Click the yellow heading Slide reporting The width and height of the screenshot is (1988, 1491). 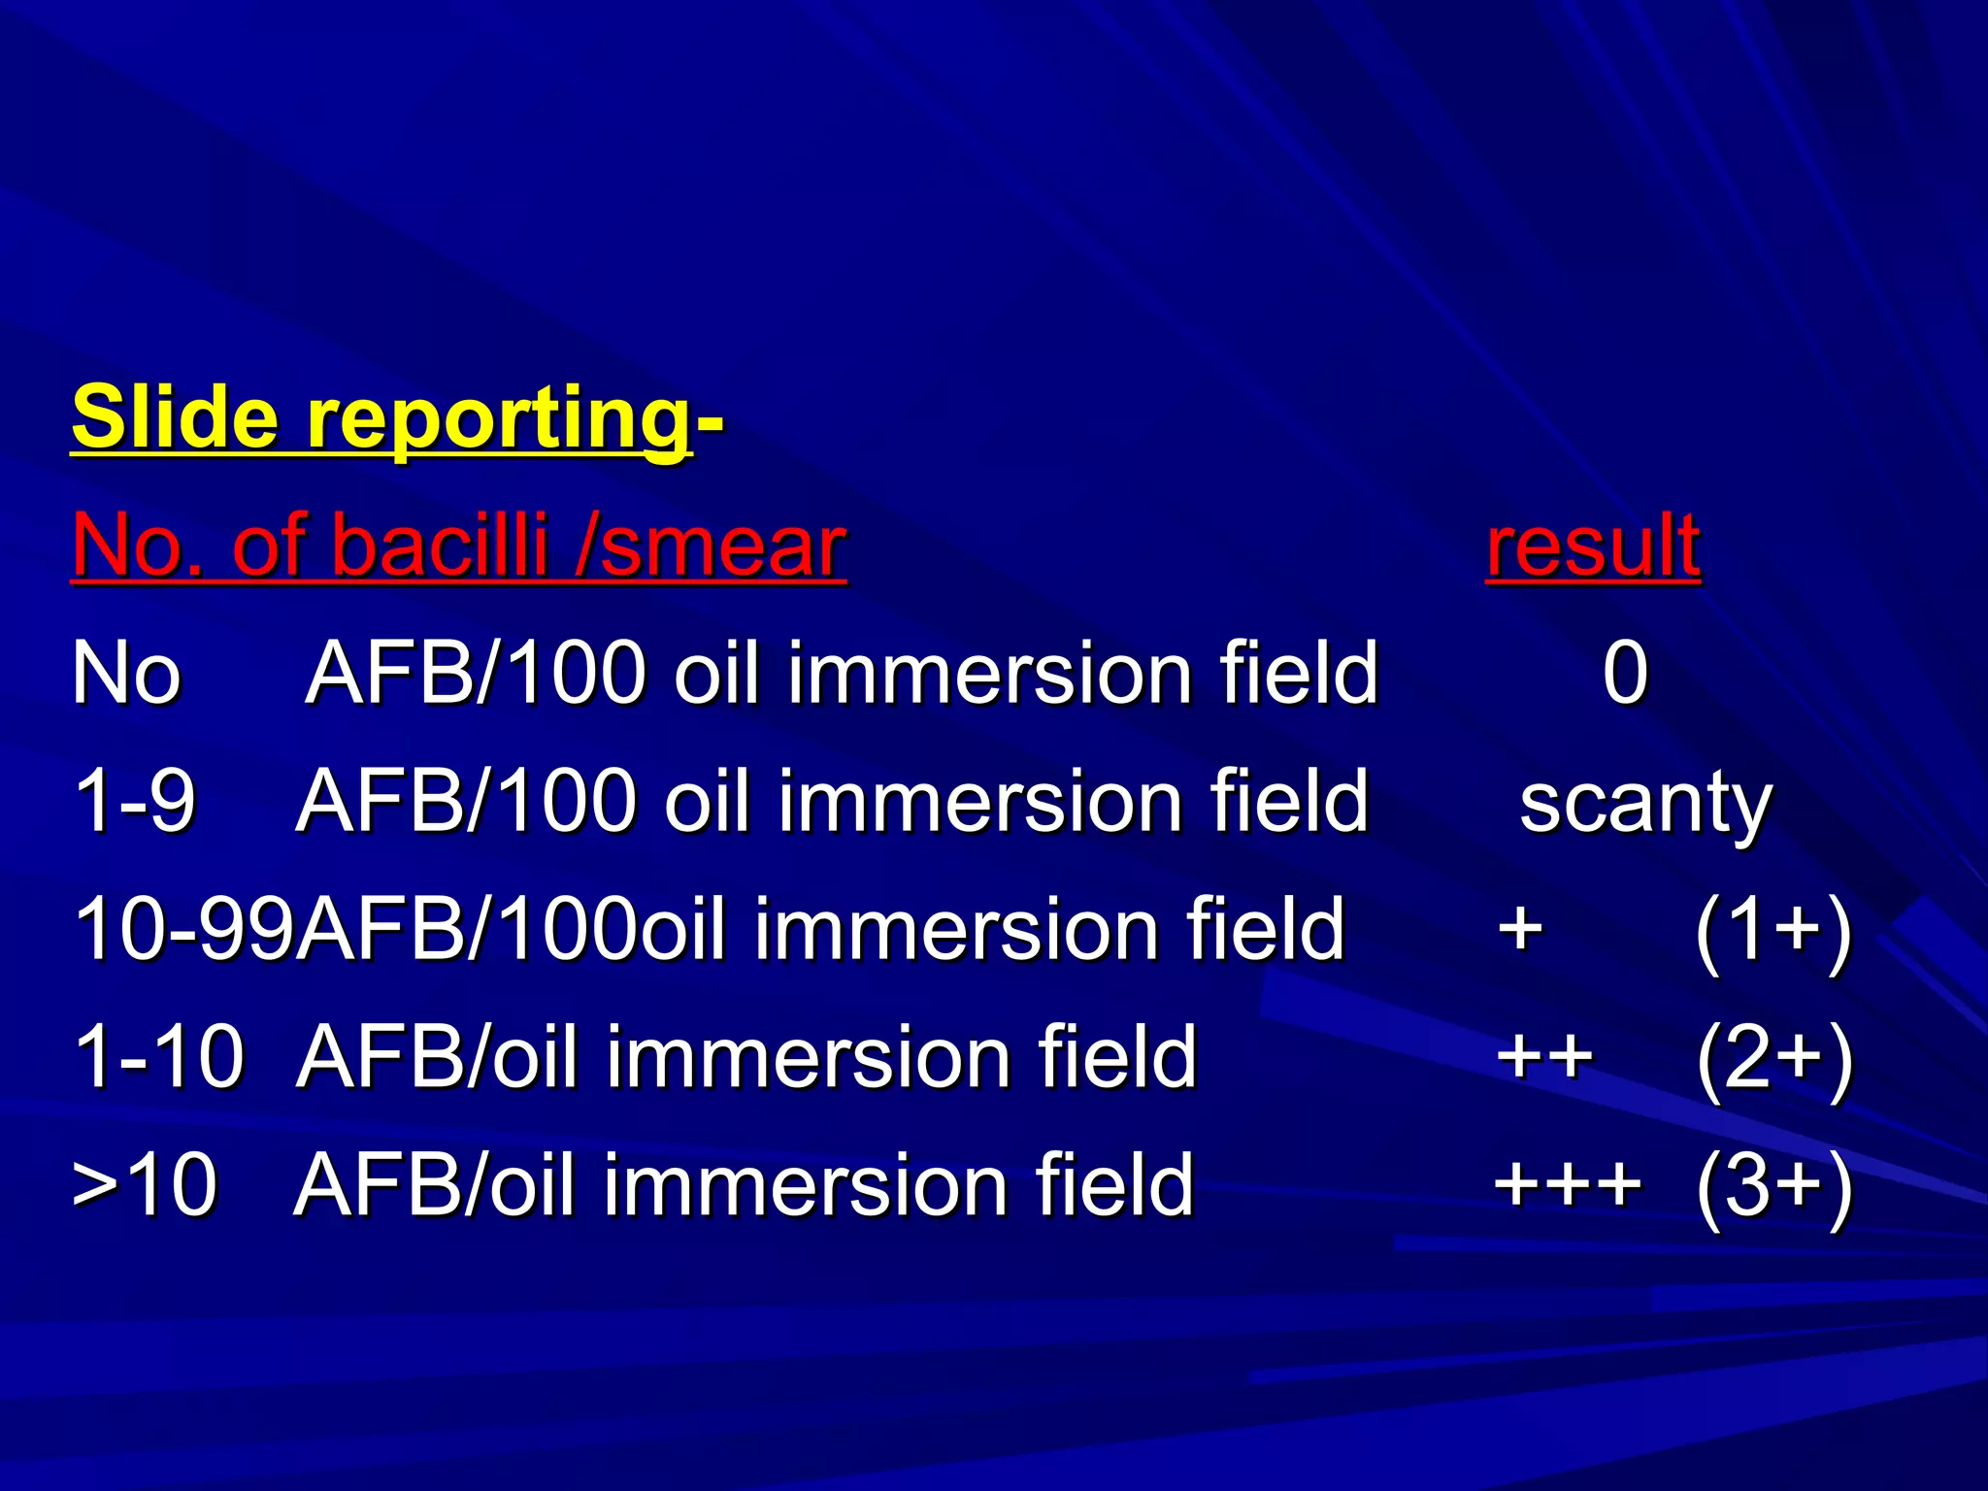point(381,419)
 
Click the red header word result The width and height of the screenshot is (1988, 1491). point(1593,547)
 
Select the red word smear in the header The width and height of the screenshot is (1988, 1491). point(723,547)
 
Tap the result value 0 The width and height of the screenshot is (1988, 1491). point(1625,674)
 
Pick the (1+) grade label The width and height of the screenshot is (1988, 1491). point(1773,930)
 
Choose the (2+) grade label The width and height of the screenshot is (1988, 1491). point(1773,1058)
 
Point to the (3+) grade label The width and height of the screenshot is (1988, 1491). point(1773,1186)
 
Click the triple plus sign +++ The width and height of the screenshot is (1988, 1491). point(1568,1186)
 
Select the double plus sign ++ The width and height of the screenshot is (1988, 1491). point(1544,1058)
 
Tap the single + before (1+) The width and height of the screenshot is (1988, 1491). point(1520,930)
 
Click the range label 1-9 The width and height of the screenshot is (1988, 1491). point(135,802)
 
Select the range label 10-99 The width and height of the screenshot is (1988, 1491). point(183,930)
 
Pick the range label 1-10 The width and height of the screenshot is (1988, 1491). point(159,1058)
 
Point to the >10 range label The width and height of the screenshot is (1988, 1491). point(145,1186)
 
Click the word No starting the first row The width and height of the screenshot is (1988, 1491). point(126,674)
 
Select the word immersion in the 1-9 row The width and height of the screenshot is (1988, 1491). point(979,802)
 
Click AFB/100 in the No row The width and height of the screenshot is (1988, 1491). point(476,674)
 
